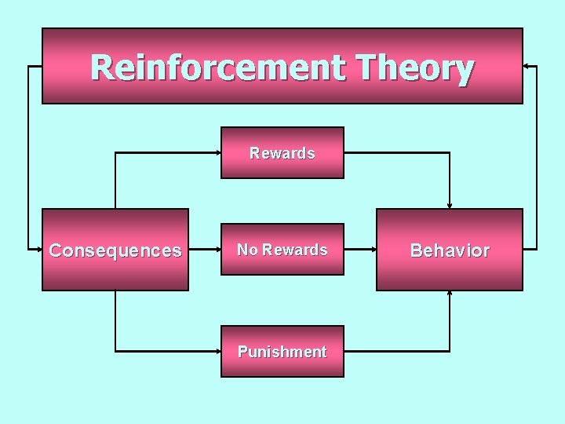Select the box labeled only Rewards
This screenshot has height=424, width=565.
(x=282, y=153)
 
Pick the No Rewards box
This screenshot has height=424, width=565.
(x=282, y=250)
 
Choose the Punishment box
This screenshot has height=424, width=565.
(x=282, y=352)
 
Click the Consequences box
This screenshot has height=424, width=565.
(x=115, y=250)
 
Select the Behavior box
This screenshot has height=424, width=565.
(x=450, y=250)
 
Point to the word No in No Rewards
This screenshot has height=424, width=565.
(x=247, y=250)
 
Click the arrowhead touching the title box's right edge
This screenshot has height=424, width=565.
(x=527, y=67)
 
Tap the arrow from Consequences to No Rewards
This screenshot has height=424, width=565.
(x=204, y=250)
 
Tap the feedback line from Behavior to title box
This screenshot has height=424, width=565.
(x=537, y=157)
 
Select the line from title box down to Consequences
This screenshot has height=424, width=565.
(x=28, y=157)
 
